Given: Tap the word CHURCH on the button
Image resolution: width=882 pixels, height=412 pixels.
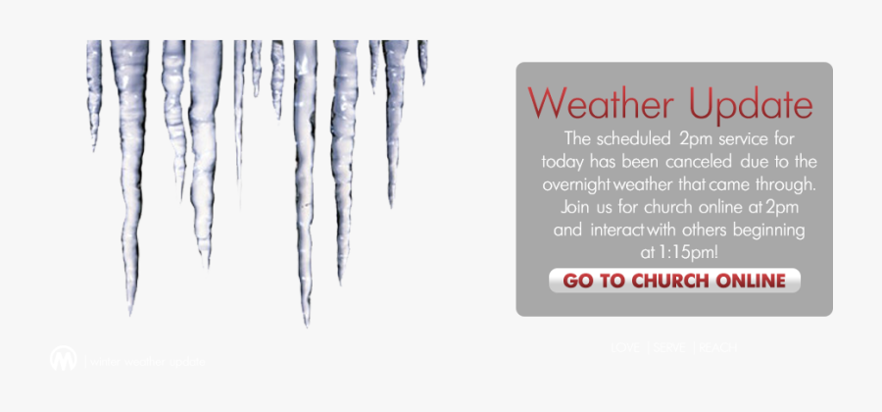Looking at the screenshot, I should click(674, 282).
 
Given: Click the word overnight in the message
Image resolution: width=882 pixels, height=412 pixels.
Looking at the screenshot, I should click(579, 183).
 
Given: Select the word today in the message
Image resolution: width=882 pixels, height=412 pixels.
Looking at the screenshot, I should click(562, 160).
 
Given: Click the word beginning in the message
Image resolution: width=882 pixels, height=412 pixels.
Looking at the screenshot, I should click(770, 231).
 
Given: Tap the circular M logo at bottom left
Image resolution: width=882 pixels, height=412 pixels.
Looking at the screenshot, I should click(64, 358).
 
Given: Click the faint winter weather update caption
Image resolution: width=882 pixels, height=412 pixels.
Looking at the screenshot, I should click(147, 362).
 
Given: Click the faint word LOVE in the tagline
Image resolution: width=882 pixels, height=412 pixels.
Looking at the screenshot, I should click(627, 347).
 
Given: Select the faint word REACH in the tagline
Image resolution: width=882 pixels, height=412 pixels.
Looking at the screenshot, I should click(717, 347).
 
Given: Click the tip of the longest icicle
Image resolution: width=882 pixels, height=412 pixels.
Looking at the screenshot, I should click(307, 323).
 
